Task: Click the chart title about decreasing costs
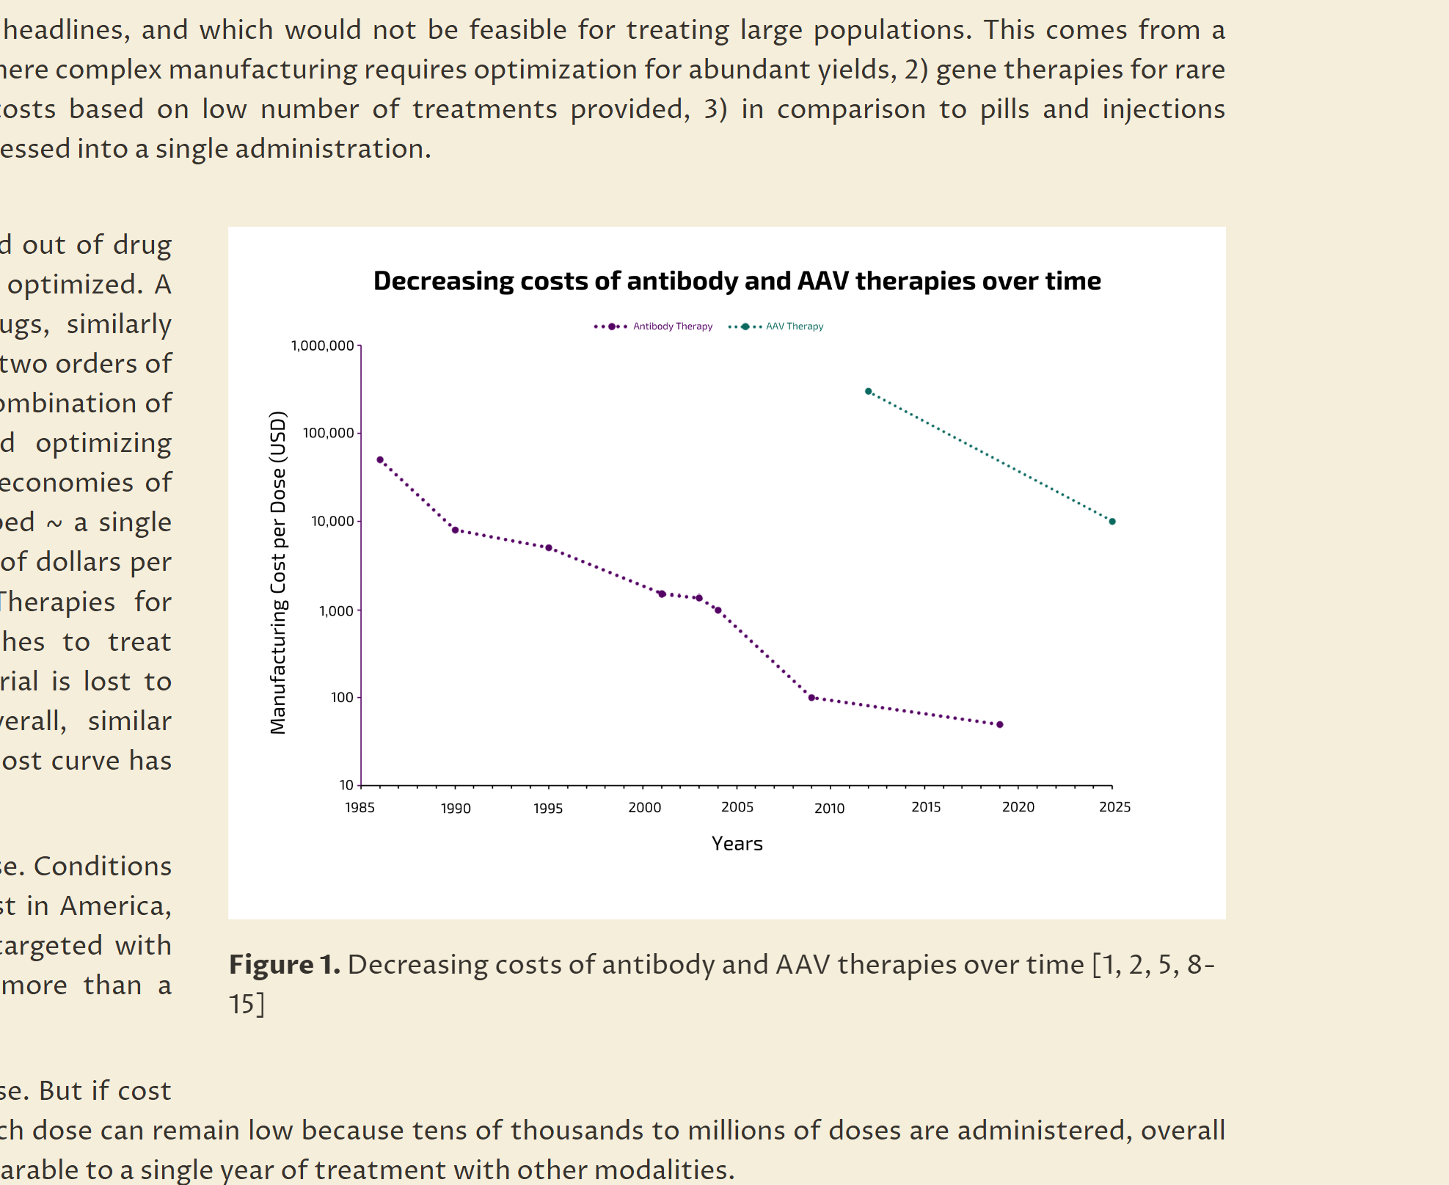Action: click(x=737, y=281)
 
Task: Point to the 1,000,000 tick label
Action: click(x=322, y=346)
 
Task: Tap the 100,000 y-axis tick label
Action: click(x=328, y=433)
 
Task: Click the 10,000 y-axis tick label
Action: click(x=332, y=522)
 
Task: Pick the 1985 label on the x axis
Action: click(x=359, y=808)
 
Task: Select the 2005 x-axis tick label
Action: click(x=737, y=807)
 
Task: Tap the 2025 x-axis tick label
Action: click(x=1114, y=807)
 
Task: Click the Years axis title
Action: click(x=737, y=844)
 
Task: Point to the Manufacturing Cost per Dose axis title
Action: click(x=278, y=572)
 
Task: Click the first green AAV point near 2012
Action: click(x=868, y=392)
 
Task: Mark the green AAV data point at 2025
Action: click(x=1112, y=522)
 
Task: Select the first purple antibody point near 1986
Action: click(x=380, y=460)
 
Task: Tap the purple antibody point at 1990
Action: click(x=455, y=530)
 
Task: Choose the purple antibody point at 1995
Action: click(x=549, y=548)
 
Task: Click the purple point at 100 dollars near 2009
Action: click(x=811, y=698)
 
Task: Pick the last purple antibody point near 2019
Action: click(x=1000, y=724)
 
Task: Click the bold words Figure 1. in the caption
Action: click(x=284, y=964)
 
